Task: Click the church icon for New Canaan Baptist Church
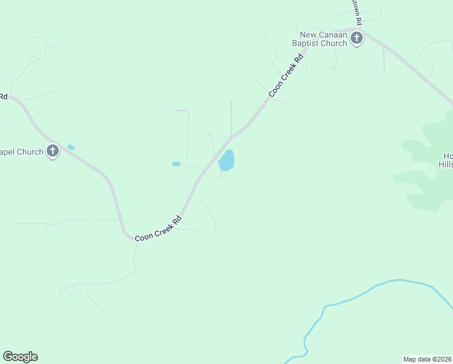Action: pos(357,39)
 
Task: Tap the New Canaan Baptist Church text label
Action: pos(323,39)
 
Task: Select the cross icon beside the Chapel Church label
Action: pos(53,151)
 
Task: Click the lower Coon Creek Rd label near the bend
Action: pos(158,229)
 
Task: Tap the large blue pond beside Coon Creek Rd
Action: pos(226,161)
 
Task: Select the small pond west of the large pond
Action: pos(176,164)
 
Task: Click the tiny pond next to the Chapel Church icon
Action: pos(71,147)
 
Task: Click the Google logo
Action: pos(20,357)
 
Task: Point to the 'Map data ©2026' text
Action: pos(427,359)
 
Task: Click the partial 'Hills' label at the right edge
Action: pos(446,164)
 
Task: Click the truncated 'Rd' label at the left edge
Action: pos(3,96)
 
